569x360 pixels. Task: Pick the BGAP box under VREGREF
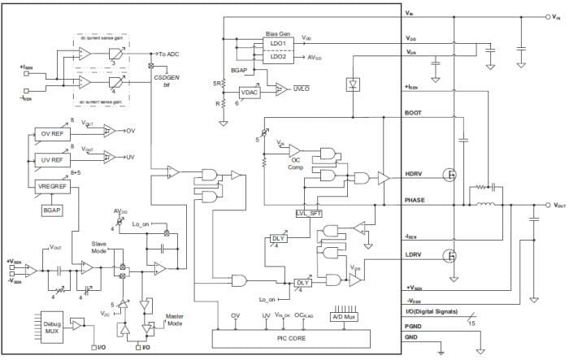pyautogui.click(x=52, y=210)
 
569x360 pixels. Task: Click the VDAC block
pyautogui.click(x=250, y=93)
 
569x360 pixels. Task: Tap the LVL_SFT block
pyautogui.click(x=311, y=213)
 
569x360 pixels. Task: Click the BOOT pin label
pyautogui.click(x=414, y=115)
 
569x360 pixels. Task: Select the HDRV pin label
pyautogui.click(x=415, y=173)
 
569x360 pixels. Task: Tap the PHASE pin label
pyautogui.click(x=416, y=199)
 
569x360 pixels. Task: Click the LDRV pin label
pyautogui.click(x=415, y=254)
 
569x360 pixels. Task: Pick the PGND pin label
pyautogui.click(x=415, y=327)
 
